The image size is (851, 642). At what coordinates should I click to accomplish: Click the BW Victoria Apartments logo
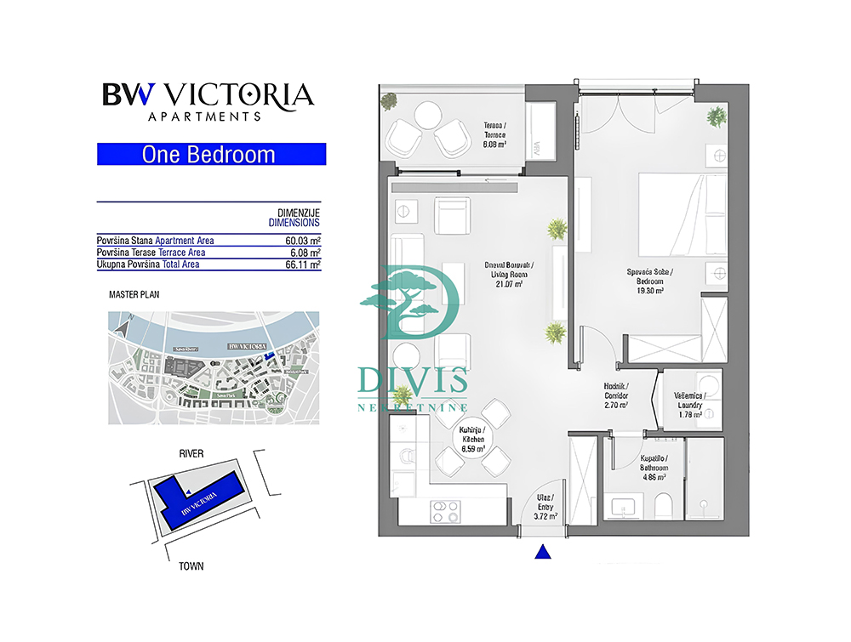click(208, 100)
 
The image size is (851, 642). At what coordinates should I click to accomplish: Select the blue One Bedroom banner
click(211, 155)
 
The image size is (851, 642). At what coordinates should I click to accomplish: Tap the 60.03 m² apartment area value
click(303, 241)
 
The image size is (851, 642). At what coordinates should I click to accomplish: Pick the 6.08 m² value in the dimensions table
click(305, 253)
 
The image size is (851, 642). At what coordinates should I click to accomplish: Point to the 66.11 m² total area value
click(303, 264)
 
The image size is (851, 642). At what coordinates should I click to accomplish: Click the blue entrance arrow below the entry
click(543, 554)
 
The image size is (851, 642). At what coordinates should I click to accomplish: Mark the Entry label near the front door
click(545, 506)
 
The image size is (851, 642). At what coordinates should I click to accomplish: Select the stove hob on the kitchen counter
click(445, 511)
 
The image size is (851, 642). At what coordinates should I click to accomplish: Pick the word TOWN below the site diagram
click(191, 565)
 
